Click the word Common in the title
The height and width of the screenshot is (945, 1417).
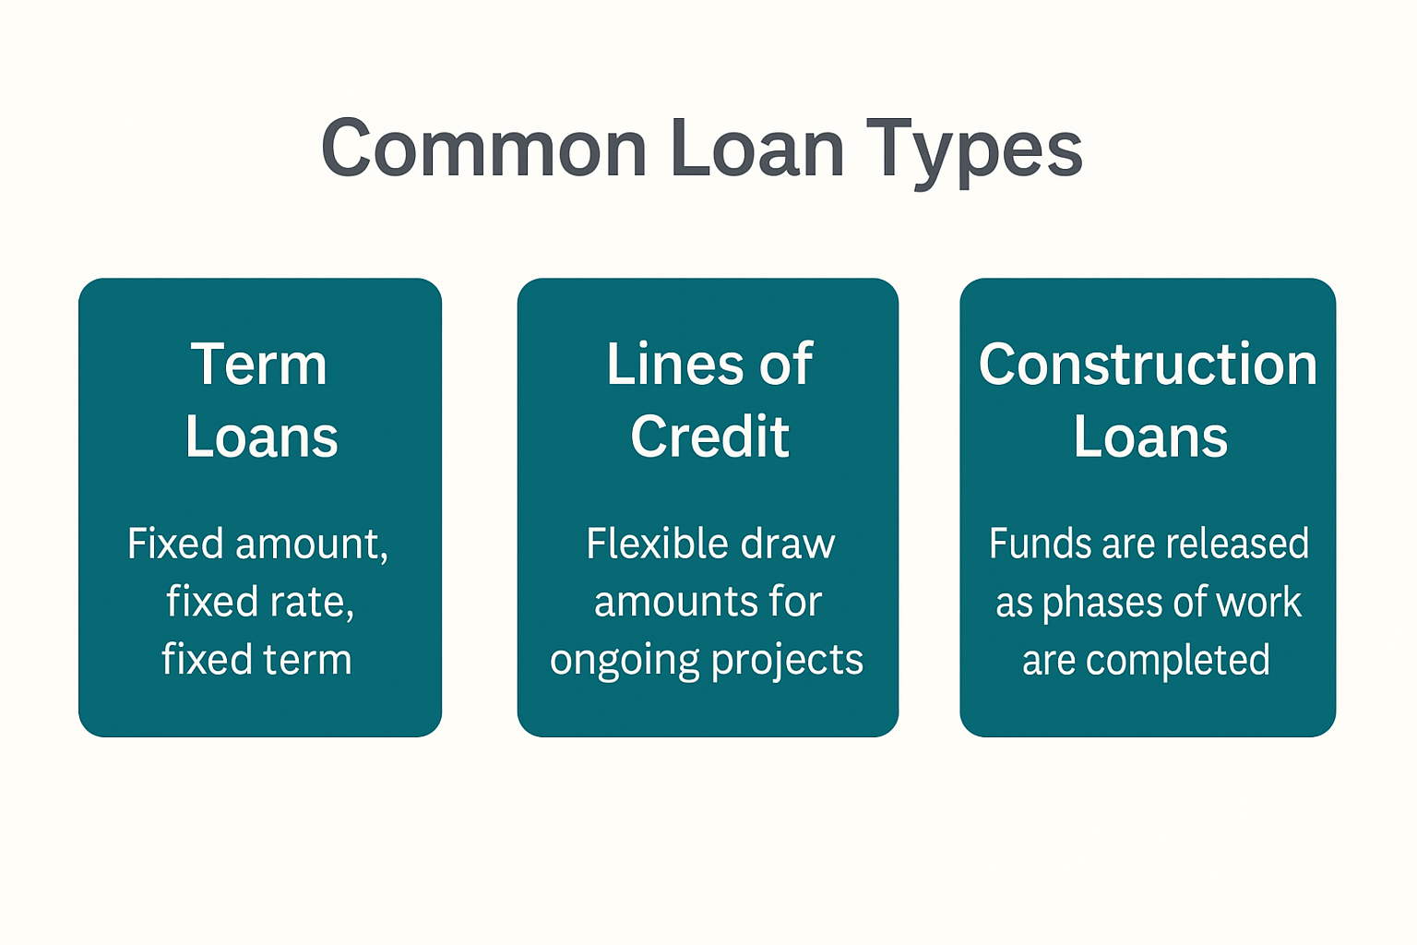[x=483, y=150]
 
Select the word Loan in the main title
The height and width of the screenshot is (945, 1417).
[x=756, y=150]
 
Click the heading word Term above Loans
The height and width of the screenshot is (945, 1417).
[x=259, y=365]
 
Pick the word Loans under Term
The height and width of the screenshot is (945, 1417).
[x=261, y=437]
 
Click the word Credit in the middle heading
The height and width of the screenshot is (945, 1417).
[x=709, y=437]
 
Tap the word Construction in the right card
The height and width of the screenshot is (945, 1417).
[x=1148, y=365]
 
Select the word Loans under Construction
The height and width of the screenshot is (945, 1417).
[x=1150, y=437]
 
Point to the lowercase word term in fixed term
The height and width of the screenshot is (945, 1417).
[x=307, y=660]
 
